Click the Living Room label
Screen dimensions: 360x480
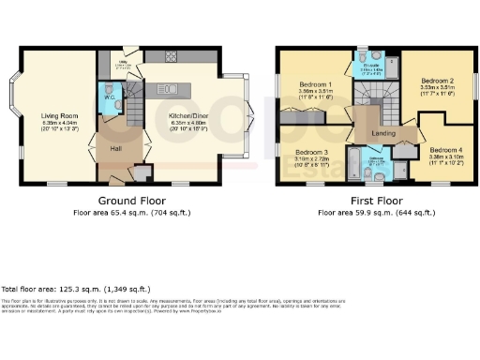pyautogui.click(x=61, y=116)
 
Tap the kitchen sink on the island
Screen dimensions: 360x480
pyautogui.click(x=170, y=88)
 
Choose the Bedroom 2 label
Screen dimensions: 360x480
pyautogui.click(x=437, y=81)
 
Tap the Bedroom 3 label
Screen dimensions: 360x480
pyautogui.click(x=310, y=151)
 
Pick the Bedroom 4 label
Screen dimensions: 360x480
pyautogui.click(x=445, y=151)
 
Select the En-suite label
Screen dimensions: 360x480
pyautogui.click(x=372, y=63)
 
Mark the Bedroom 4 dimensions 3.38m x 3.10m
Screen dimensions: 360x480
pyautogui.click(x=445, y=157)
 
